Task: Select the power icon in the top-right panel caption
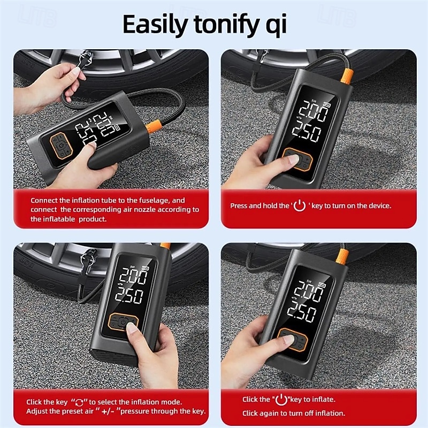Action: click(x=300, y=205)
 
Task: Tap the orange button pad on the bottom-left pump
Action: click(x=123, y=324)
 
